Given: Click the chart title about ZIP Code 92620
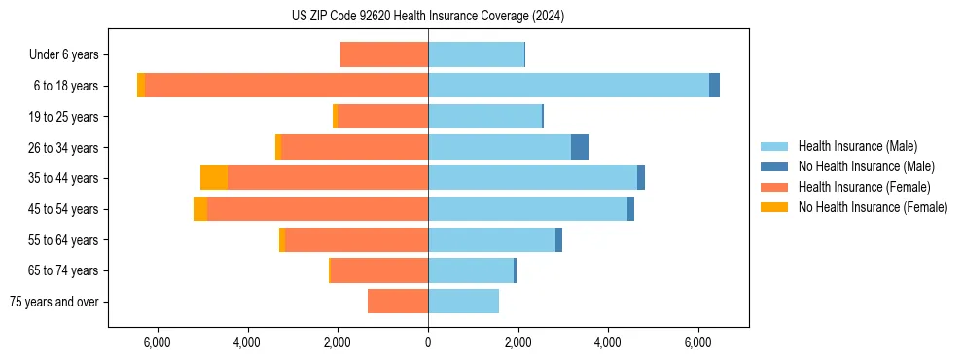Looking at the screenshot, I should point(428,16).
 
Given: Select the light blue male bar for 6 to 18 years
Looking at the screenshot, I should point(568,86).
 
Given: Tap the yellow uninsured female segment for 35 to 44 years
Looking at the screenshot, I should point(214,178).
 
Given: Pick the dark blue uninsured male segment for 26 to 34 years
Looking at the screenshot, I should point(580,147).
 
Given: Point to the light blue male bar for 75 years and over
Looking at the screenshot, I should point(463,302).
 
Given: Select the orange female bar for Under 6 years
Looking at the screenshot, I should point(384,54).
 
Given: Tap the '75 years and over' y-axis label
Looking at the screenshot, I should point(53,302).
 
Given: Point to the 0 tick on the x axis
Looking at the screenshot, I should point(428,342).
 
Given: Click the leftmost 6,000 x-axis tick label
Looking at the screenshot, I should point(157,342).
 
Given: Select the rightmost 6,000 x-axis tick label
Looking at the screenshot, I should point(698,342).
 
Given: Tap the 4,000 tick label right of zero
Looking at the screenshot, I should point(608,342).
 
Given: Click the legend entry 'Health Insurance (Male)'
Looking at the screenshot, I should point(857,146).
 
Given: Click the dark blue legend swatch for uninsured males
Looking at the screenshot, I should point(774,166).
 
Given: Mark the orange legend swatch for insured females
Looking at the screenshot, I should point(774,187).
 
